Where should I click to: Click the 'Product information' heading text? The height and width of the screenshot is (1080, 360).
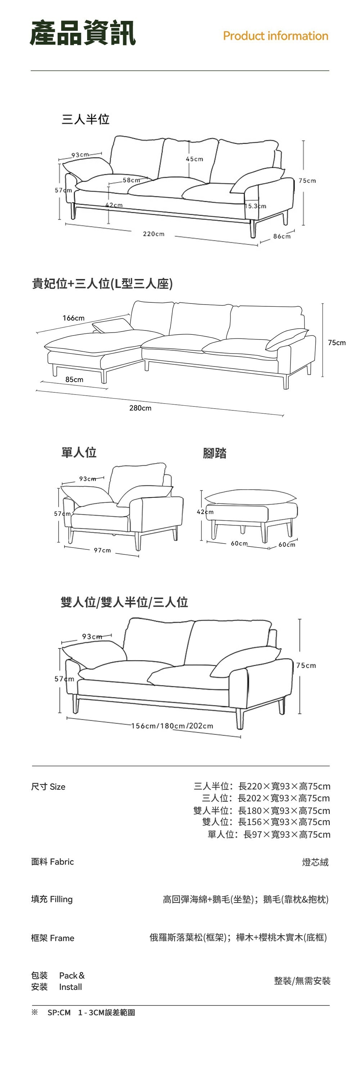point(275,36)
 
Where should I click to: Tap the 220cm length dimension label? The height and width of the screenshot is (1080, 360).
point(153,234)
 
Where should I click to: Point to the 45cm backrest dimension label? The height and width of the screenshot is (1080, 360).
point(194,159)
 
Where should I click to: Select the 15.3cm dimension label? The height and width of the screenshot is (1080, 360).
point(255,206)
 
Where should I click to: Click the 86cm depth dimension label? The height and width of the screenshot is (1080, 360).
point(282,237)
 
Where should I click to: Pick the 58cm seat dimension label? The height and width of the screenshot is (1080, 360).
point(131,180)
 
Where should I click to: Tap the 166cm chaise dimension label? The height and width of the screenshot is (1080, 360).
point(73,318)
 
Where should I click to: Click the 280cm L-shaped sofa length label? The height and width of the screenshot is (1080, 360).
point(140,408)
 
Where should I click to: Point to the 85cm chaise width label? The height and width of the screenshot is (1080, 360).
point(74,379)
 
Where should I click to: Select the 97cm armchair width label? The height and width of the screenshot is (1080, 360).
point(102,550)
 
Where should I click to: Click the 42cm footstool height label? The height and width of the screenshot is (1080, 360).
point(205,512)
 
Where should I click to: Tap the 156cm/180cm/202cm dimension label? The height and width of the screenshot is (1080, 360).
point(172,726)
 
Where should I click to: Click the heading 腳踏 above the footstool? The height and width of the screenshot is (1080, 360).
point(215,453)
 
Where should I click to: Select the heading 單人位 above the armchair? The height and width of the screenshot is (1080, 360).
point(79,453)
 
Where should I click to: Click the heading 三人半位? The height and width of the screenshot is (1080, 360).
point(85,120)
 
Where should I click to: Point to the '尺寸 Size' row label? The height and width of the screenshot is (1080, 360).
point(48,787)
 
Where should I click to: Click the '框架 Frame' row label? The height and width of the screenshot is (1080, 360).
point(53,938)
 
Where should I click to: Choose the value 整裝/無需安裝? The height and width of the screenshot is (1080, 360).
point(302,981)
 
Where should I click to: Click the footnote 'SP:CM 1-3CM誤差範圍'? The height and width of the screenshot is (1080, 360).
point(91,1012)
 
